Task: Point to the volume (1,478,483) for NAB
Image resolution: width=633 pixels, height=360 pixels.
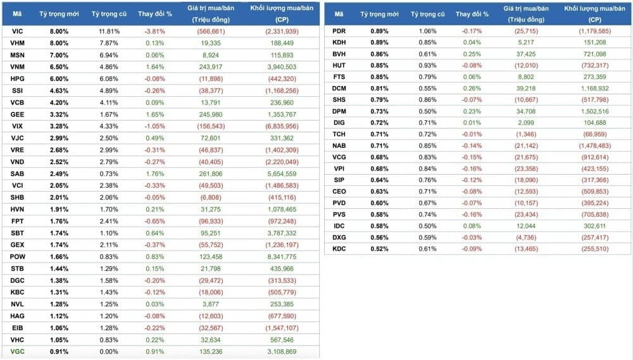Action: point(594,146)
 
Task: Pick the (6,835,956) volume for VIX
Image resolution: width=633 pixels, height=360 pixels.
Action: point(281,126)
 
